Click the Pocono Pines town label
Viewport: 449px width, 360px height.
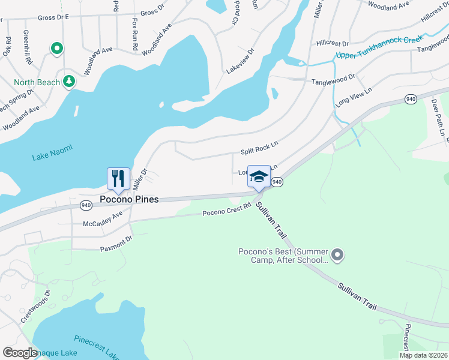point(129,199)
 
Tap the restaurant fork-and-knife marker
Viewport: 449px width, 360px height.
point(118,179)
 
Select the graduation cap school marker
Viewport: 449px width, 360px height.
point(259,177)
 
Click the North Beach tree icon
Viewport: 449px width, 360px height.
point(70,81)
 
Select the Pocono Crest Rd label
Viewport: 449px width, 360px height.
point(226,210)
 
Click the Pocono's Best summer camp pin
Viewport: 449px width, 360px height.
point(337,256)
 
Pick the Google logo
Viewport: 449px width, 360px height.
point(20,353)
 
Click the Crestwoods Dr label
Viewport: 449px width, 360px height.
point(35,307)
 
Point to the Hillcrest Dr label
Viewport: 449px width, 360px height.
point(332,43)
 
